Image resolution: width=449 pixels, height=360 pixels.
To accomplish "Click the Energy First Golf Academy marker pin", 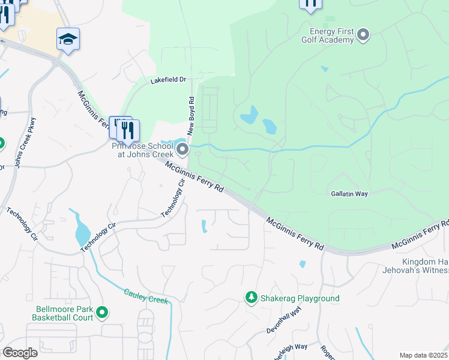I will pyautogui.click(x=363, y=36).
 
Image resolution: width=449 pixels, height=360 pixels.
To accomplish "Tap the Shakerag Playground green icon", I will pyautogui.click(x=251, y=298).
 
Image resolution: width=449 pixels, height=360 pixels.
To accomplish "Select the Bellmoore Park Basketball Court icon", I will pyautogui.click(x=102, y=312).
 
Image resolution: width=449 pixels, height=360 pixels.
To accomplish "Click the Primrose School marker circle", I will pyautogui.click(x=182, y=149).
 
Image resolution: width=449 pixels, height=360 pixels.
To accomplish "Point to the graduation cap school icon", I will pyautogui.click(x=68, y=40).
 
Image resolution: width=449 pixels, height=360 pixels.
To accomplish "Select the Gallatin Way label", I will pyautogui.click(x=349, y=194).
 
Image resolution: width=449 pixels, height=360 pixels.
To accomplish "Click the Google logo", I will pyautogui.click(x=20, y=353).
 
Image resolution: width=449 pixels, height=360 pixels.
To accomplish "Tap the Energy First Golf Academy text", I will pyautogui.click(x=332, y=35).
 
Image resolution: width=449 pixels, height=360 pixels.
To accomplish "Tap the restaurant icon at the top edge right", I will pyautogui.click(x=310, y=4).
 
